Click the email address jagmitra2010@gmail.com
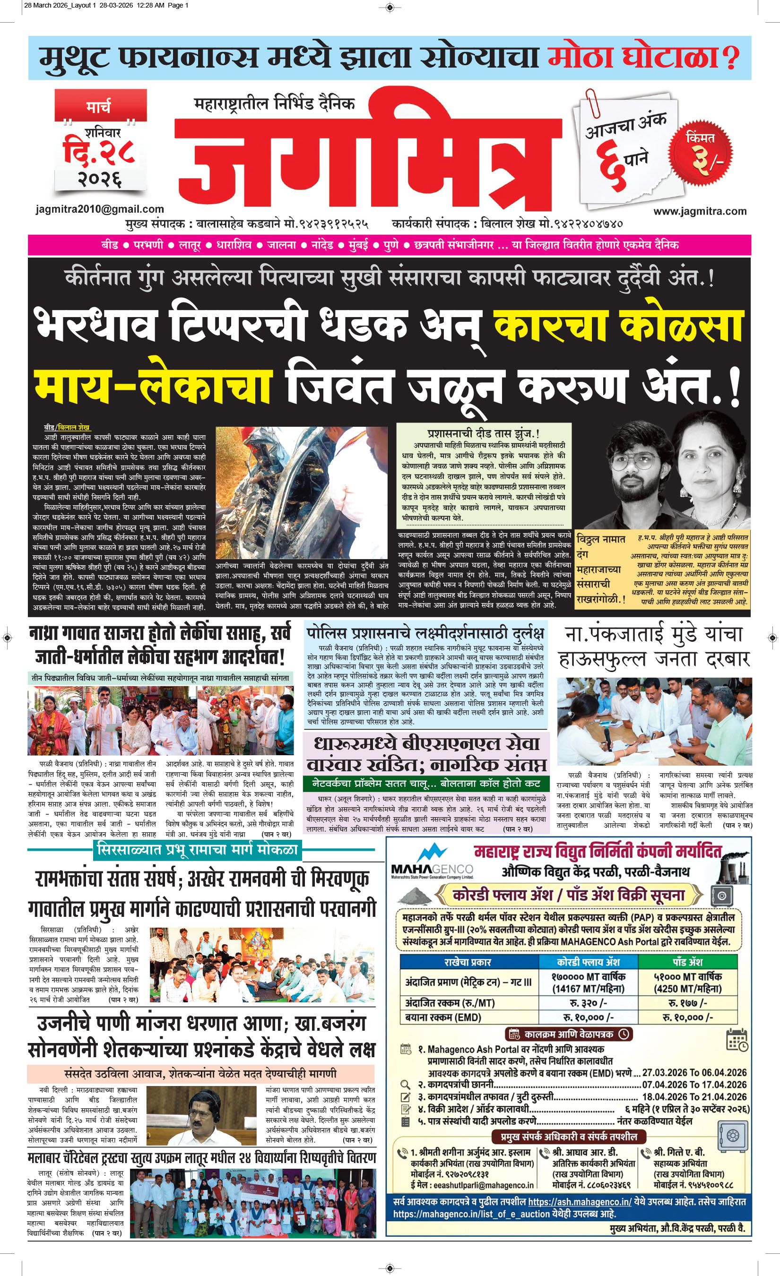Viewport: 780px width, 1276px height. tap(100, 209)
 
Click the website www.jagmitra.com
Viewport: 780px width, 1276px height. tap(700, 211)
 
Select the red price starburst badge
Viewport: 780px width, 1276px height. tap(701, 151)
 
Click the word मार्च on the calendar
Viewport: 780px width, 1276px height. tap(98, 108)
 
